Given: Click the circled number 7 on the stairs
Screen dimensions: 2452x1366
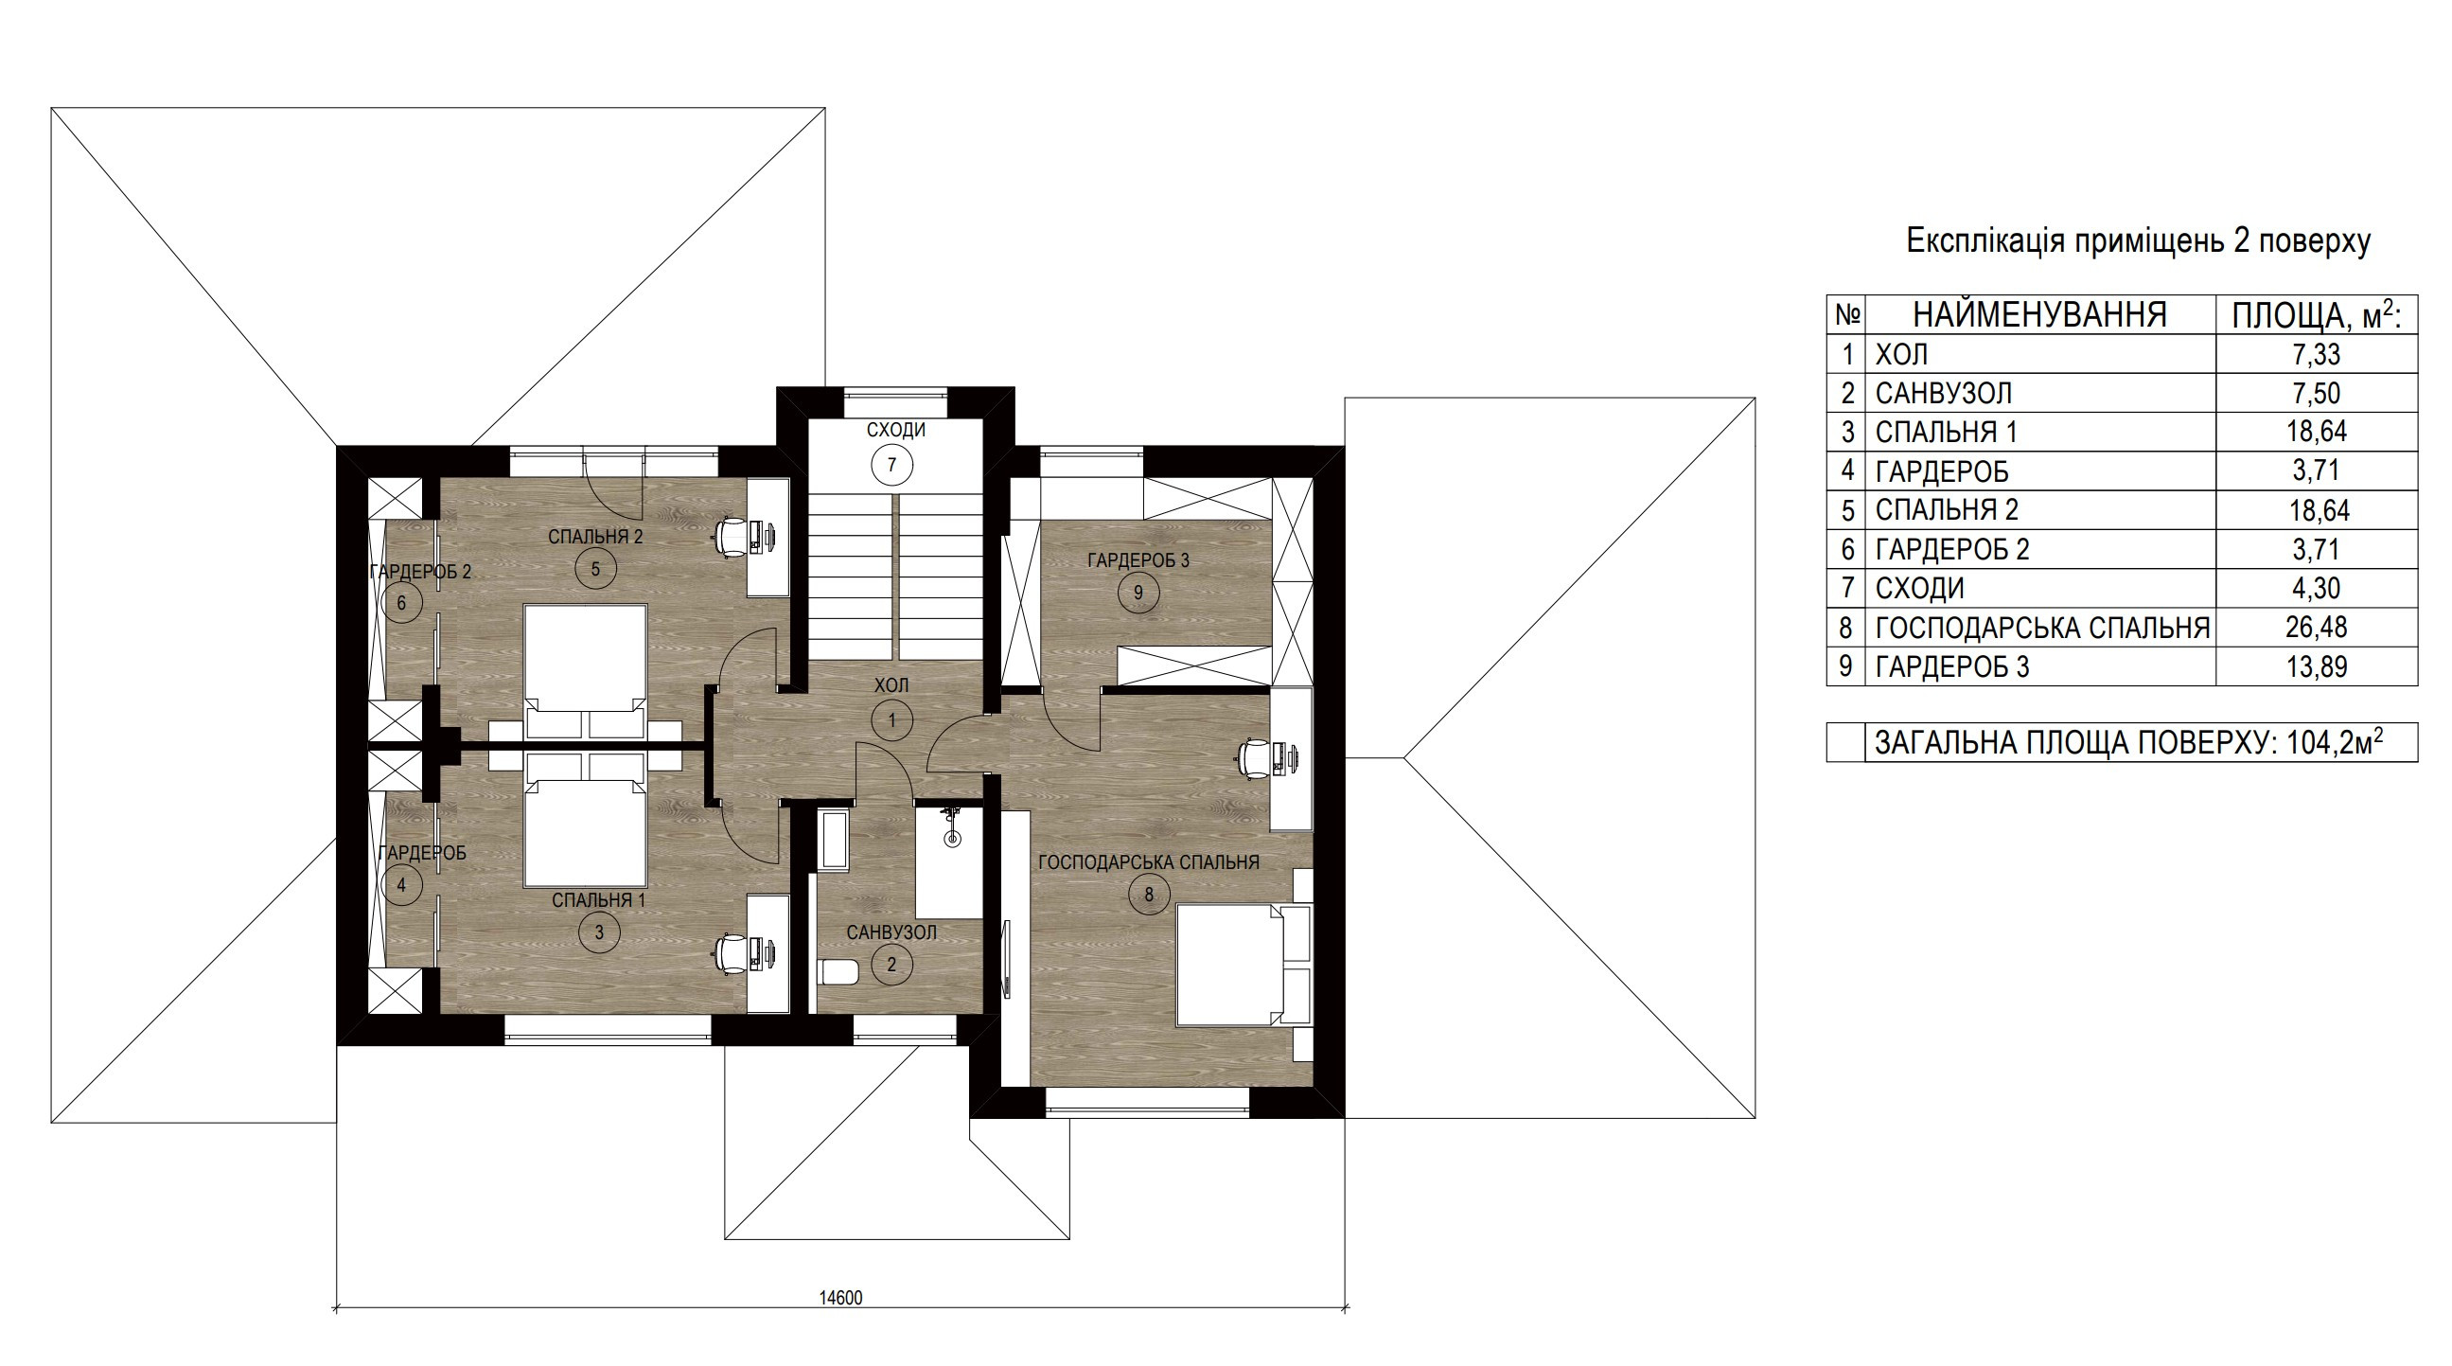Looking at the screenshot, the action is point(891,466).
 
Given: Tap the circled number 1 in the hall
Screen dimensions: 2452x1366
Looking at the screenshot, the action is point(891,720).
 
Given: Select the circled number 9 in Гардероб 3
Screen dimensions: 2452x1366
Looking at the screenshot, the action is point(1138,593).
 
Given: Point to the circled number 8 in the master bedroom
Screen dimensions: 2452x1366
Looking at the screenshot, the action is point(1149,894).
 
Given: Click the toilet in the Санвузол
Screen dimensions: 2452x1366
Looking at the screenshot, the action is point(838,972).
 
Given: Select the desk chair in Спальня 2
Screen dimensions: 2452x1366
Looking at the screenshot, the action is point(733,534).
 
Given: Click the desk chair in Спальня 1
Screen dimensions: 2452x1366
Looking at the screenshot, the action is point(733,953).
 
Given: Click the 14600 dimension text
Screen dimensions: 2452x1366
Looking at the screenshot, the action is point(840,1298).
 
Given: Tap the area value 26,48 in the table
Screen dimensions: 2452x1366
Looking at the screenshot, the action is point(2316,628).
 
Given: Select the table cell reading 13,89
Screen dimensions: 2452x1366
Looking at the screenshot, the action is point(2316,666).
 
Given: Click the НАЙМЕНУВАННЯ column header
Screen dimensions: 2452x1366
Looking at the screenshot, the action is point(2039,315).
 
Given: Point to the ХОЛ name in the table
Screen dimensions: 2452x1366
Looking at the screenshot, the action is point(1901,355).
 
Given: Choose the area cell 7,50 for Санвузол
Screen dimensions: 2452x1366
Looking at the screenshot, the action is point(2316,393).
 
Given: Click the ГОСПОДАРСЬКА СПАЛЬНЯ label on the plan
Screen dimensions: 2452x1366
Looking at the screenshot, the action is point(1148,862).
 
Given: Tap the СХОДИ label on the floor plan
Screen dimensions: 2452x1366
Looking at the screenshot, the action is point(895,431).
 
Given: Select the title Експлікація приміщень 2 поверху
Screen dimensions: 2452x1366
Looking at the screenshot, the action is point(2138,241).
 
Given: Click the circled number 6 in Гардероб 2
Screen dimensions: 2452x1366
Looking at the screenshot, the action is point(401,603).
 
